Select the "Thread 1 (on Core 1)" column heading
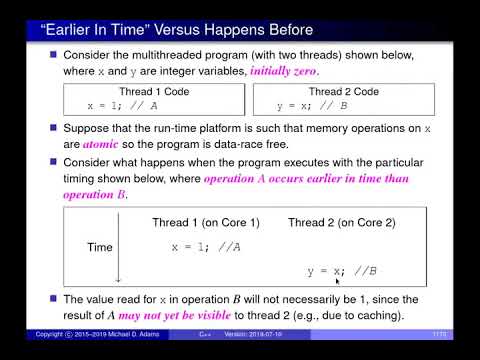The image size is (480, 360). click(x=205, y=221)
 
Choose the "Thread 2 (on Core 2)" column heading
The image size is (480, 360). click(x=342, y=221)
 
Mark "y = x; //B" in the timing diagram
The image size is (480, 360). click(x=341, y=271)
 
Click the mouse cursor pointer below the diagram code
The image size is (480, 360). click(x=338, y=282)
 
